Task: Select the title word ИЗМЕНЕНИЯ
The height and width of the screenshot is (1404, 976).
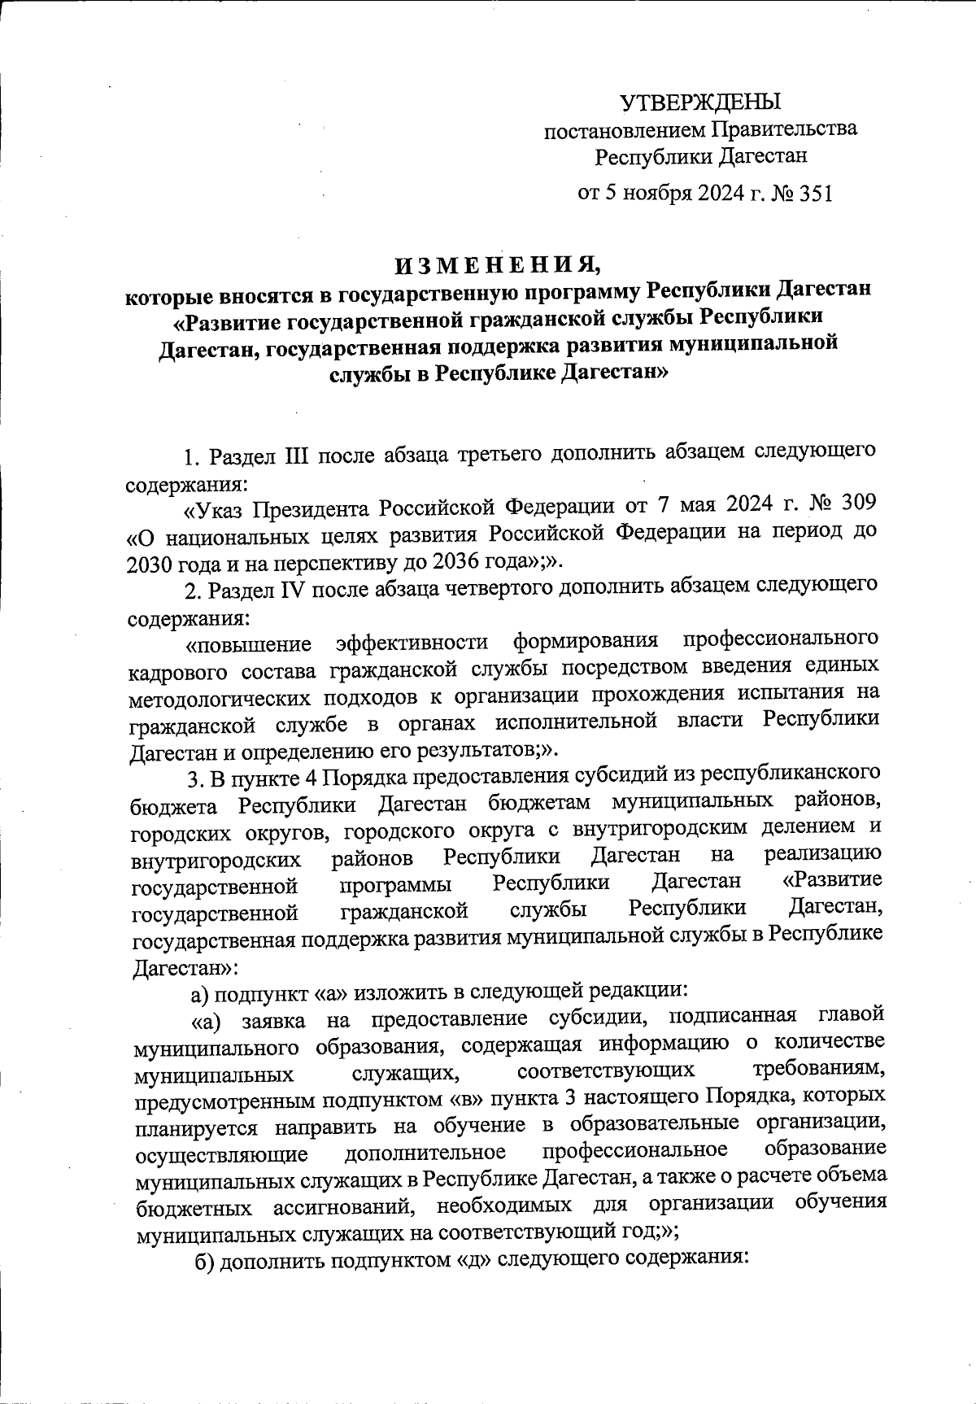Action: click(x=499, y=266)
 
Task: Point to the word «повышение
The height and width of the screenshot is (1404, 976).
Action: click(x=249, y=644)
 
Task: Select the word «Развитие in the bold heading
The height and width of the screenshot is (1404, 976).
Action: click(x=228, y=320)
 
